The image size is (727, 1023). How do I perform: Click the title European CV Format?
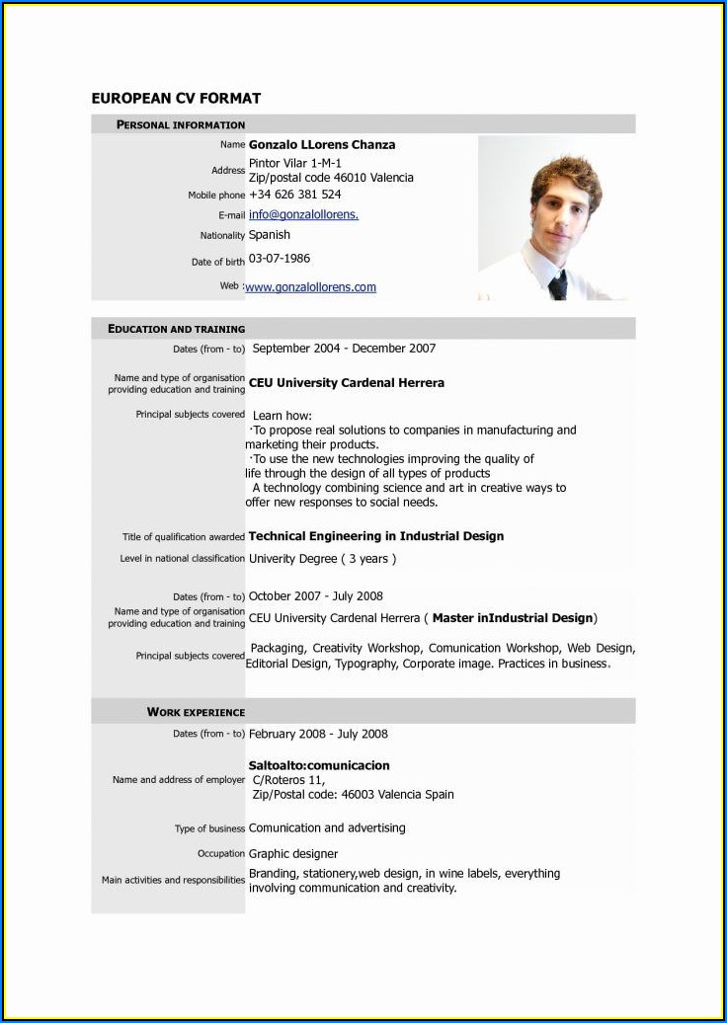[x=176, y=98]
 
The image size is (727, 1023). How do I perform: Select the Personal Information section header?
[x=181, y=125]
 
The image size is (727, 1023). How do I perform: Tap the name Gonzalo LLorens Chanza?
[x=322, y=145]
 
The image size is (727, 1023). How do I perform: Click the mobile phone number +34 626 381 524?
[x=294, y=195]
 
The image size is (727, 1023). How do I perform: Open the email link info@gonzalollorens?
[x=303, y=214]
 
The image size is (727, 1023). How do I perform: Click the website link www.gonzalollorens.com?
[x=310, y=287]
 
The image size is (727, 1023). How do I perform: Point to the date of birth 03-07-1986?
[x=280, y=259]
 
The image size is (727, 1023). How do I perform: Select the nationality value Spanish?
[x=270, y=235]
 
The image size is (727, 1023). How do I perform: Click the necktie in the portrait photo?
[x=557, y=285]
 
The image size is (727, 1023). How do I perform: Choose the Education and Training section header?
[x=176, y=329]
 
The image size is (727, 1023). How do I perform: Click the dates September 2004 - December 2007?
[x=344, y=349]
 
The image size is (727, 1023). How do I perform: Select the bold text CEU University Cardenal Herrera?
[x=347, y=383]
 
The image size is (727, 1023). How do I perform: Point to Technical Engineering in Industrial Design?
[x=376, y=536]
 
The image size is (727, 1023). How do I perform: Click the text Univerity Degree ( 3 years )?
[x=323, y=559]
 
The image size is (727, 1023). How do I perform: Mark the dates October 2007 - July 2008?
[x=316, y=596]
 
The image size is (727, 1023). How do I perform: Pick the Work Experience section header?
[x=196, y=712]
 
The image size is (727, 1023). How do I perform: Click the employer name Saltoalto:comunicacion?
[x=319, y=765]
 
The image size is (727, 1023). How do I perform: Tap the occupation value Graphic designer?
[x=293, y=854]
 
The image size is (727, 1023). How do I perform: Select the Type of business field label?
[x=209, y=829]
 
